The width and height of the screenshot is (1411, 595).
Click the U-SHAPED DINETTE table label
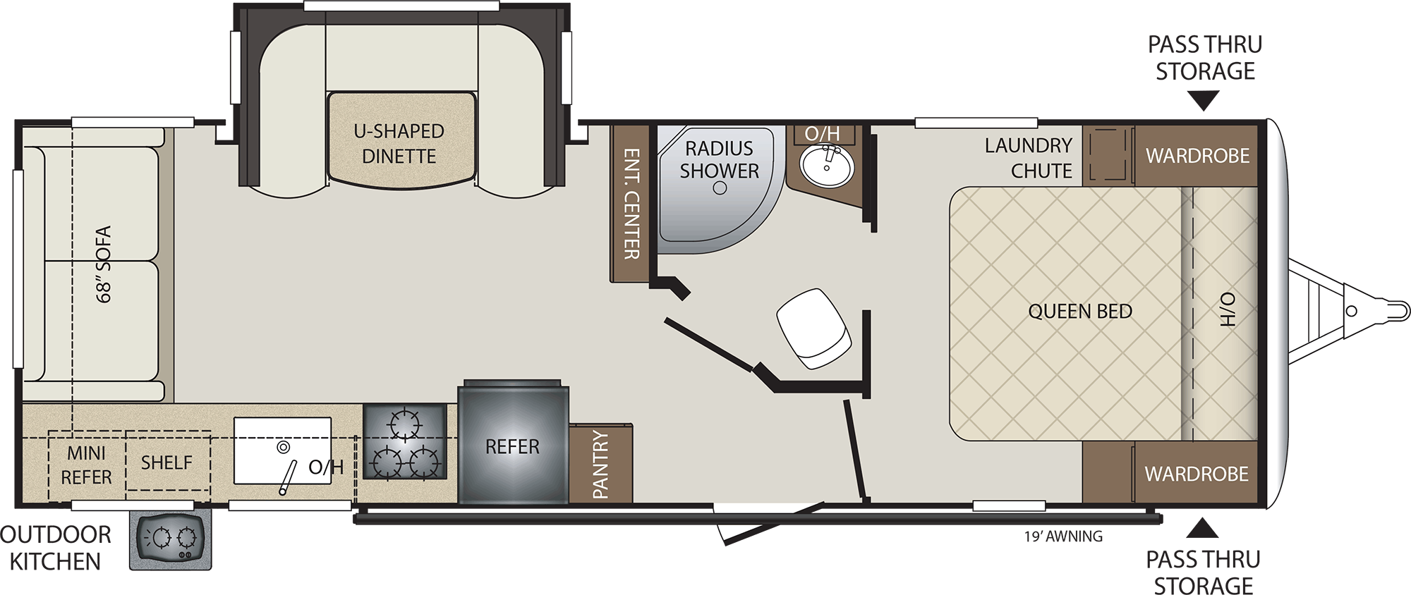click(x=399, y=143)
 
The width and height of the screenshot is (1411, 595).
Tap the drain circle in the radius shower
click(x=720, y=188)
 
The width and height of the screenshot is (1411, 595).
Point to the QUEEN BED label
click(x=1079, y=311)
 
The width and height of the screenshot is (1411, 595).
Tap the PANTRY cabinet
click(x=600, y=464)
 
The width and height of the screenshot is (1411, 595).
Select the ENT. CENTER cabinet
click(x=630, y=203)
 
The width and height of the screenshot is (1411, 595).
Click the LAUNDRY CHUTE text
click(x=1029, y=158)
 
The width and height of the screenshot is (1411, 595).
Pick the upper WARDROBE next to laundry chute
click(x=1197, y=156)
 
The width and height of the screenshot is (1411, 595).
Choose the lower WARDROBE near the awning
click(x=1197, y=473)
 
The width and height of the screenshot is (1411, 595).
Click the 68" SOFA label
click(x=104, y=264)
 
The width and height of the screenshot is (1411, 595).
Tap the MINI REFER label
click(x=86, y=465)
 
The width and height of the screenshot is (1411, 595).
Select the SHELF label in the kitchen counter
click(x=166, y=462)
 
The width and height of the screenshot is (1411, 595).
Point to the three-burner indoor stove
click(x=405, y=442)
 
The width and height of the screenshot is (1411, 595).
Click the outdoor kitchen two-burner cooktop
click(x=170, y=540)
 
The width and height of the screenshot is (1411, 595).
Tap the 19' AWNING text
click(x=1063, y=536)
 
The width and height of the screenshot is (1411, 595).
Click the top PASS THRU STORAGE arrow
click(x=1204, y=102)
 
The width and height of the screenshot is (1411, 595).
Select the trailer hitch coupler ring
click(x=1351, y=311)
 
